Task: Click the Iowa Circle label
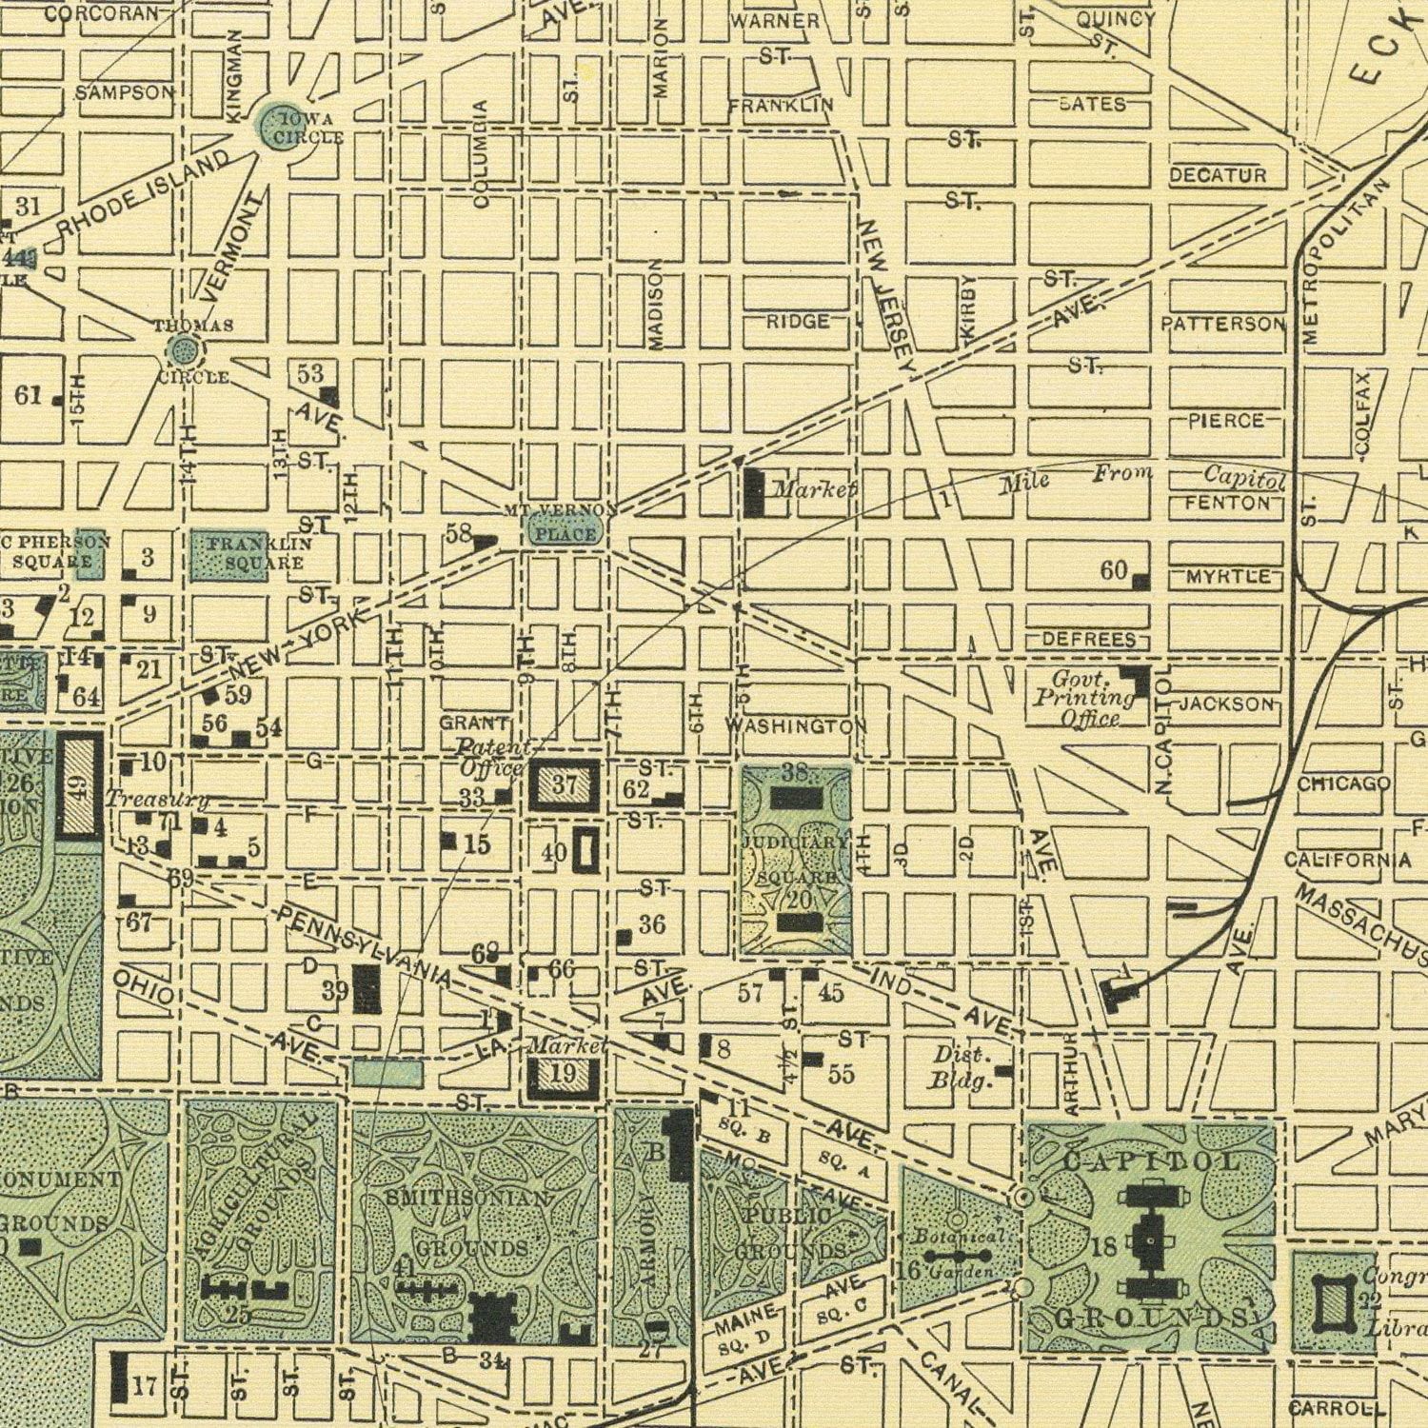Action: tap(307, 128)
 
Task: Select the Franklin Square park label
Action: tap(247, 553)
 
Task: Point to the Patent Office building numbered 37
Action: tap(565, 786)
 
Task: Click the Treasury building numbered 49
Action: tap(81, 786)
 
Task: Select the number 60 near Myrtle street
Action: tap(1114, 571)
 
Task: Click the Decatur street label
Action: tap(1218, 175)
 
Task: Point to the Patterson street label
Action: tap(1222, 325)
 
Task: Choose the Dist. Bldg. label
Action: tap(962, 1067)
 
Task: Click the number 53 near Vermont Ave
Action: tap(309, 374)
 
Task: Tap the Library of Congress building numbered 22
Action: tap(1333, 1302)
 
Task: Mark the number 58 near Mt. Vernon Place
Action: tap(459, 535)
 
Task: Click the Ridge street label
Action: tap(798, 322)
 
